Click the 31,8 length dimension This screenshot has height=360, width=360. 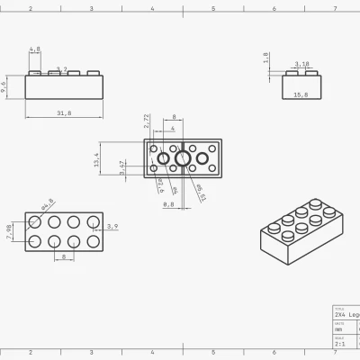pyautogui.click(x=64, y=112)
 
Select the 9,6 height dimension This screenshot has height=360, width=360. pyautogui.click(x=4, y=86)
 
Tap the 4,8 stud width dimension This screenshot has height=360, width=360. pyautogui.click(x=35, y=49)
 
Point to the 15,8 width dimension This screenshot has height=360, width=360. pyautogui.click(x=301, y=94)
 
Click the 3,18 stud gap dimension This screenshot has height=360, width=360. pyautogui.click(x=301, y=64)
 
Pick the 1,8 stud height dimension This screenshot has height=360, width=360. pyautogui.click(x=266, y=57)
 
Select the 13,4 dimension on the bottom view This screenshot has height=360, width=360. pyautogui.click(x=97, y=160)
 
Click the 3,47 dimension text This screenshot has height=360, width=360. pyautogui.click(x=122, y=167)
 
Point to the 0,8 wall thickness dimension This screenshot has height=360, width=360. pyautogui.click(x=168, y=204)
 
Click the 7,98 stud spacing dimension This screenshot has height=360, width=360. pyautogui.click(x=10, y=231)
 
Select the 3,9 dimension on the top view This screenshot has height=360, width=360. pyautogui.click(x=112, y=226)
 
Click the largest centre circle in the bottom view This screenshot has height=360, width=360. pyautogui.click(x=183, y=159)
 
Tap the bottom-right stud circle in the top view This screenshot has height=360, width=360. pyautogui.click(x=93, y=240)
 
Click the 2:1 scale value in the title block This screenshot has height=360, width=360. pyautogui.click(x=340, y=344)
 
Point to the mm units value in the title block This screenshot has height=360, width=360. pyautogui.click(x=338, y=330)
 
